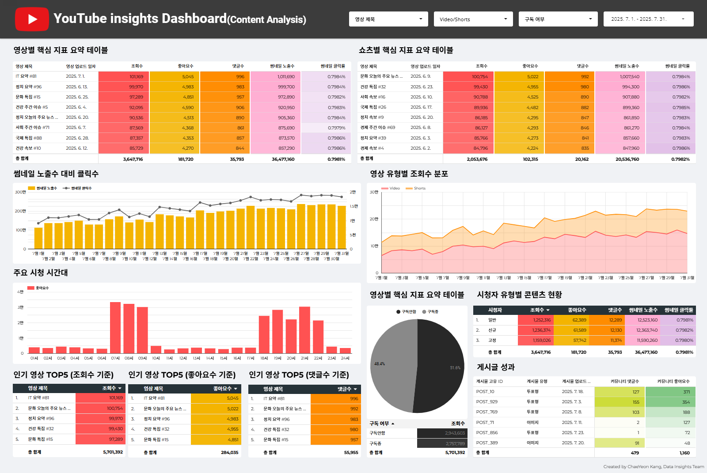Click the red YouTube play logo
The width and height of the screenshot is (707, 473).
(32, 19)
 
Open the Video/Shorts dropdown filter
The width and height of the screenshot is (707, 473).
(473, 19)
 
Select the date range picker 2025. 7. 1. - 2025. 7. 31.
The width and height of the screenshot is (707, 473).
(648, 19)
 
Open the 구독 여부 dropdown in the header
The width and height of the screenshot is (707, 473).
(558, 19)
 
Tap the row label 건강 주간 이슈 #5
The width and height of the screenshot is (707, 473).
(32, 107)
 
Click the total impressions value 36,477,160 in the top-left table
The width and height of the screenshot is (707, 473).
(283, 159)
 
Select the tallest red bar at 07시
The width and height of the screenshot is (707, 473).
(115, 327)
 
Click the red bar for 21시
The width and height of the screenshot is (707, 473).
(304, 329)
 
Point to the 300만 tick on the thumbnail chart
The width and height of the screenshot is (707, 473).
(20, 192)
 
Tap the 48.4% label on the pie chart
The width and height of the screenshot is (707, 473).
(380, 364)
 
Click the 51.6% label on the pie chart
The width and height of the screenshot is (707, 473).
(455, 367)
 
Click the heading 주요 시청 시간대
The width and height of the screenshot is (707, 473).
(41, 273)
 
